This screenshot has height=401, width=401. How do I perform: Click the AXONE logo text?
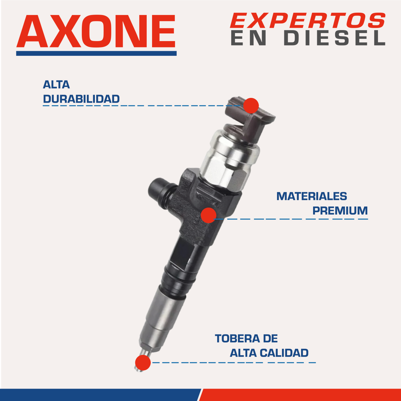96,31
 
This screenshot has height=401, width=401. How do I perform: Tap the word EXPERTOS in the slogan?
308,20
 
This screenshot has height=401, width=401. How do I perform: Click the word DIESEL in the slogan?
335,38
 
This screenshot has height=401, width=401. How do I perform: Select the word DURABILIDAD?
81,99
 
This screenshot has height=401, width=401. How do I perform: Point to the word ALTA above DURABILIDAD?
56,85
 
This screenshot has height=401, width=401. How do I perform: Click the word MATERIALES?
312,196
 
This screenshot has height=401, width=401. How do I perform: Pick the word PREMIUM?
340,211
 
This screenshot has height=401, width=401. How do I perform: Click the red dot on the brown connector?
251,106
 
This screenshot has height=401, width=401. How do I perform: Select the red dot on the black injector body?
209,215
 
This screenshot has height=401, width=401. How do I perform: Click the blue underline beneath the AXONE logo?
96,53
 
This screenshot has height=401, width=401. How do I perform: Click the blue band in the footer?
100,395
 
